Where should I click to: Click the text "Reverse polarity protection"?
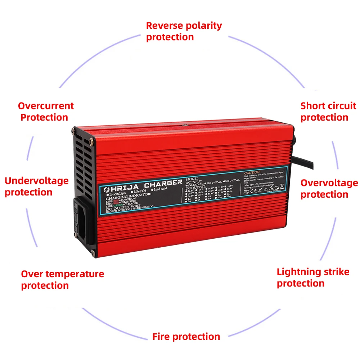tap(184, 31)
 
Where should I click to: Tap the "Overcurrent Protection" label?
tap(46, 112)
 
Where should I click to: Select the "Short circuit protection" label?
tap(328, 112)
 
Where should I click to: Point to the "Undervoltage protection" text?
tap(36, 186)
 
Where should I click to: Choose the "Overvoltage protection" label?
tap(329, 189)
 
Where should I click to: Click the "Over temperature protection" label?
tap(62, 279)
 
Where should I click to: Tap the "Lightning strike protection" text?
tap(313, 277)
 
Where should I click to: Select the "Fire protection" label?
tap(186, 337)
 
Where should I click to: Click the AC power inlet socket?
tap(84, 220)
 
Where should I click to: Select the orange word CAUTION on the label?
tap(252, 172)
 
